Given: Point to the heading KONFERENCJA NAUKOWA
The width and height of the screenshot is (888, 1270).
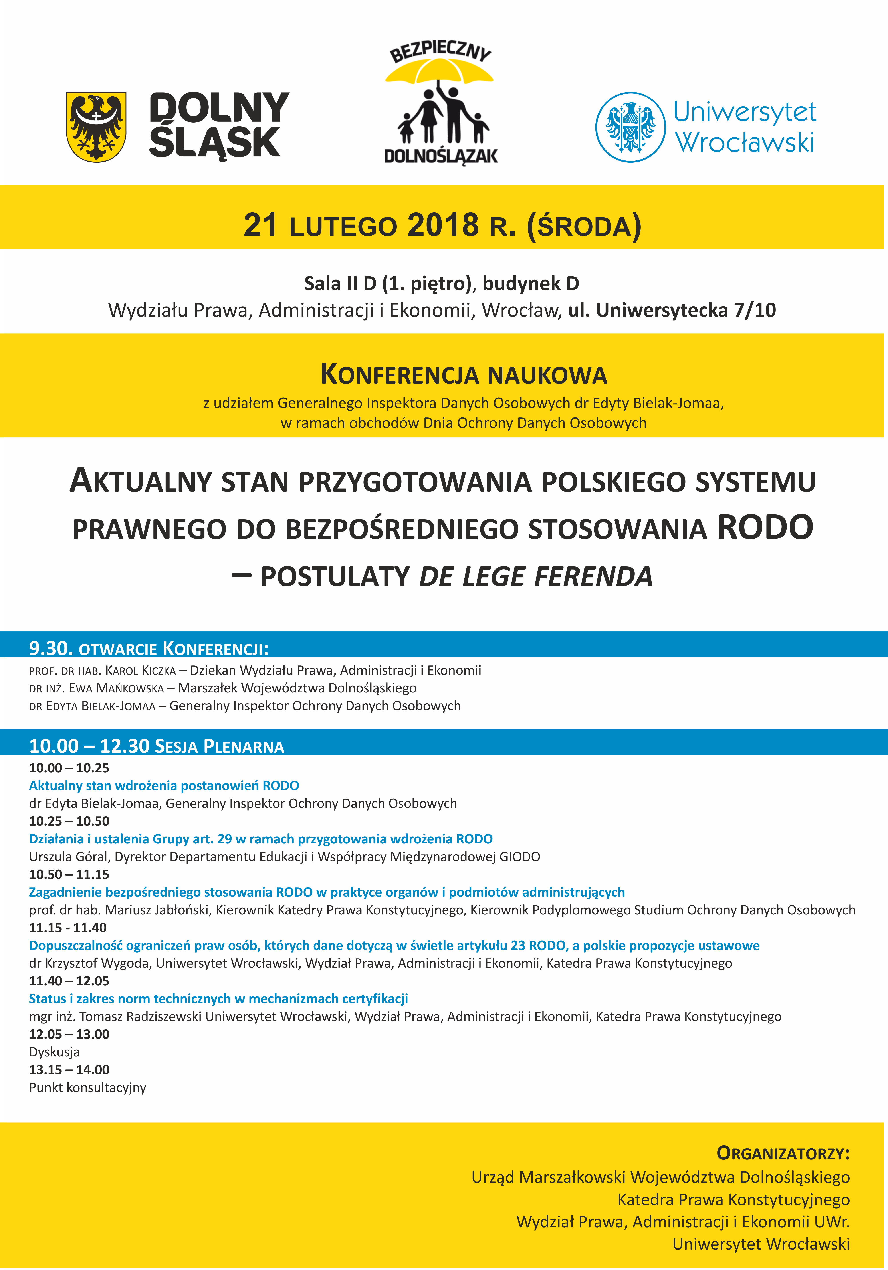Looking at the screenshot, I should click(464, 374).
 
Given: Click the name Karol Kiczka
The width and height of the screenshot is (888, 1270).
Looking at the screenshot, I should click(141, 670).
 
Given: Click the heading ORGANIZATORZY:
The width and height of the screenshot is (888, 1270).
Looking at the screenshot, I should click(783, 1153).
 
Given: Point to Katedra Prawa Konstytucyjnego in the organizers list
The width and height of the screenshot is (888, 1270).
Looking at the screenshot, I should click(733, 1200).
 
